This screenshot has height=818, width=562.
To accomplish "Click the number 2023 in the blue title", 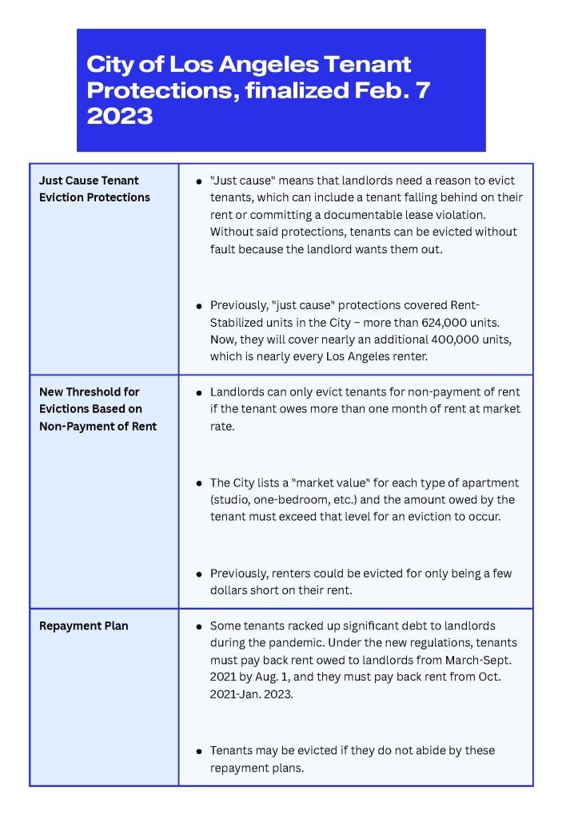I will [119, 116].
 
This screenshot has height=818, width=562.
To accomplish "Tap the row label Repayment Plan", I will [83, 625].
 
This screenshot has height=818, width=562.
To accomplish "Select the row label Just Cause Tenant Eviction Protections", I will [94, 189].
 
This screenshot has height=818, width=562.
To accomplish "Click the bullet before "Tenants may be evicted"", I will [198, 752].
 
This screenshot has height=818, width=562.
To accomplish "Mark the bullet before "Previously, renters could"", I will [198, 574].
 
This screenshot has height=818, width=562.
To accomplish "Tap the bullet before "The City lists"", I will [198, 484].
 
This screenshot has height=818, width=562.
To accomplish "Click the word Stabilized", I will [241, 322].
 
